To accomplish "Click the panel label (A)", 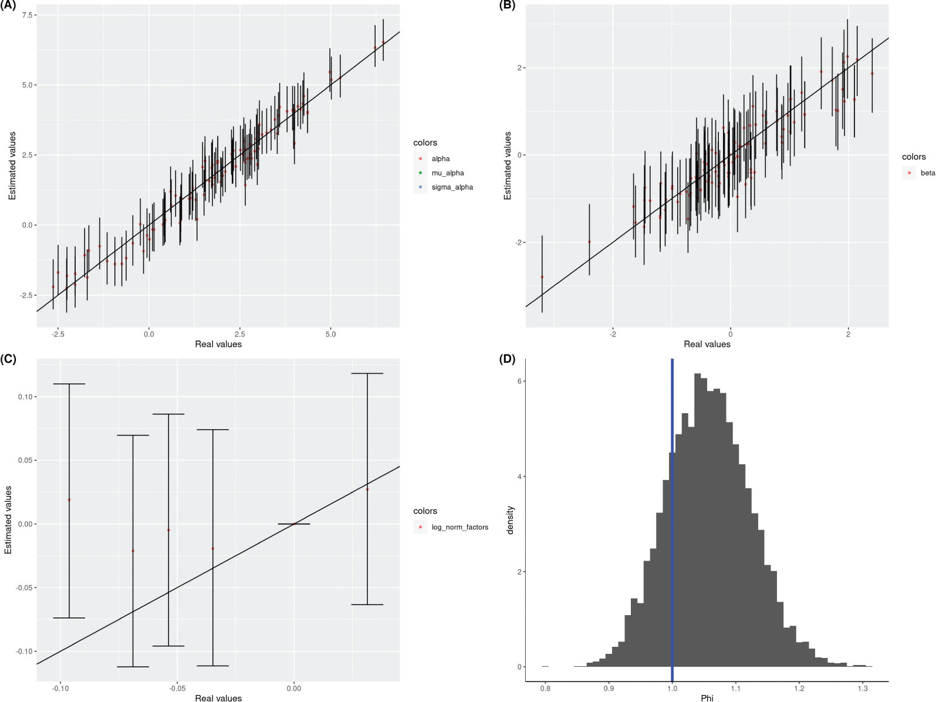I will (x=9, y=6).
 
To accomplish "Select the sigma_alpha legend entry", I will (x=452, y=187).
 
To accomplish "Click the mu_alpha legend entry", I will (x=447, y=173).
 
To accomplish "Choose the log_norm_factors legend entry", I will (x=459, y=527).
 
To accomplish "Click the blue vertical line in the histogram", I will (x=672, y=517).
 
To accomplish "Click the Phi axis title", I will (x=707, y=698).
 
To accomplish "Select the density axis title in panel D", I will (x=511, y=520).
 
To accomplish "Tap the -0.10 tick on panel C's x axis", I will (x=60, y=689).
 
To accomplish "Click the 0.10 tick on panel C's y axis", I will (x=25, y=397).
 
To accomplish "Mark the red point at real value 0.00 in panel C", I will (x=294, y=524).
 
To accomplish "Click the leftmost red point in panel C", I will (x=69, y=500).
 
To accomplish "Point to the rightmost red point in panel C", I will (x=367, y=489).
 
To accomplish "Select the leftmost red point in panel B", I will (x=542, y=277).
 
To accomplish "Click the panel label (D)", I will (x=507, y=359).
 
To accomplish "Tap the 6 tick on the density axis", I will (x=519, y=382).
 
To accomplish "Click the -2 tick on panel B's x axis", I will (x=613, y=335).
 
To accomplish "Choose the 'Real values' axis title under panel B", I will (x=707, y=344).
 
